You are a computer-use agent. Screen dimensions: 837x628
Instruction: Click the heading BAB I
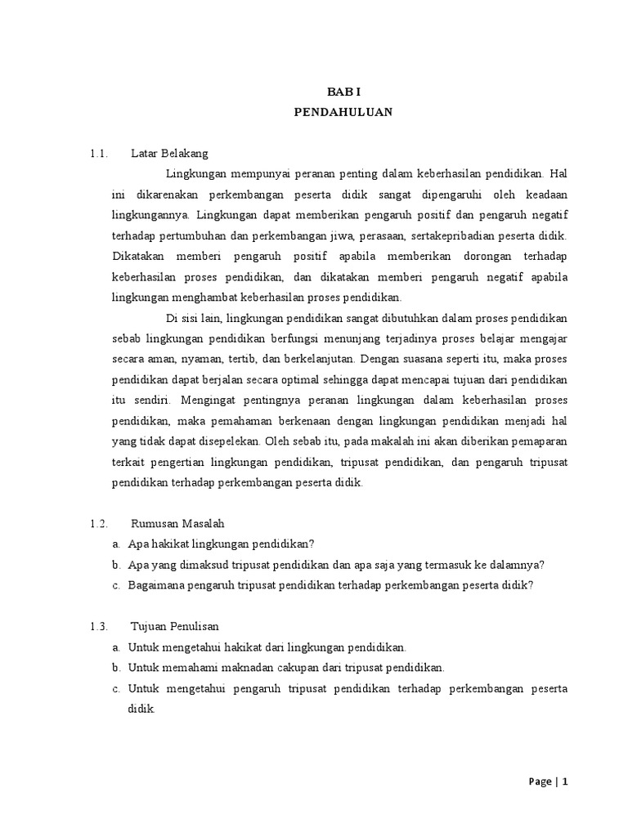343,94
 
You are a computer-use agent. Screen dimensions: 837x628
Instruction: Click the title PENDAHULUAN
343,113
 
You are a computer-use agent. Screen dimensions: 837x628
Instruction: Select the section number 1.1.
100,153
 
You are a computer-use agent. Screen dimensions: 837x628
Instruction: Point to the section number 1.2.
100,522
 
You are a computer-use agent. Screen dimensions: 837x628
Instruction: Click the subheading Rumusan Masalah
177,522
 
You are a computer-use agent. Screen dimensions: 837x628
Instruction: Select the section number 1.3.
100,627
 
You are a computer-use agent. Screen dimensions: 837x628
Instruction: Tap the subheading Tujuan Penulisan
174,627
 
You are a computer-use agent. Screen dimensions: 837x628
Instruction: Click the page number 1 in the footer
564,781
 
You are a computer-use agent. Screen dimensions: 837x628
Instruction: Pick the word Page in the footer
539,781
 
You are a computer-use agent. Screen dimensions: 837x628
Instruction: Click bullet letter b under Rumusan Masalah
117,564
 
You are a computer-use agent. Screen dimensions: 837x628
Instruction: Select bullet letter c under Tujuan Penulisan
117,688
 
